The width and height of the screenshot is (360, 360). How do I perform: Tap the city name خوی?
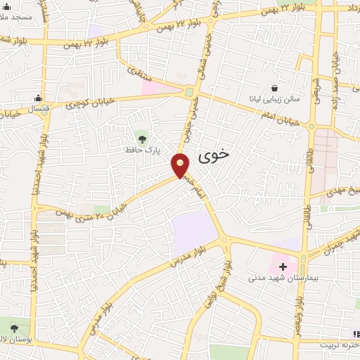pyautogui.click(x=214, y=156)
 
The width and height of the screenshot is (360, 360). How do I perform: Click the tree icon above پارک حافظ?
pyautogui.click(x=143, y=136)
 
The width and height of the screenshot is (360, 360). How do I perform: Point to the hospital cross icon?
pyautogui.click(x=283, y=266)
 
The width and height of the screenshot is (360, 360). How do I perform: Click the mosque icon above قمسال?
pyautogui.click(x=37, y=98)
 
